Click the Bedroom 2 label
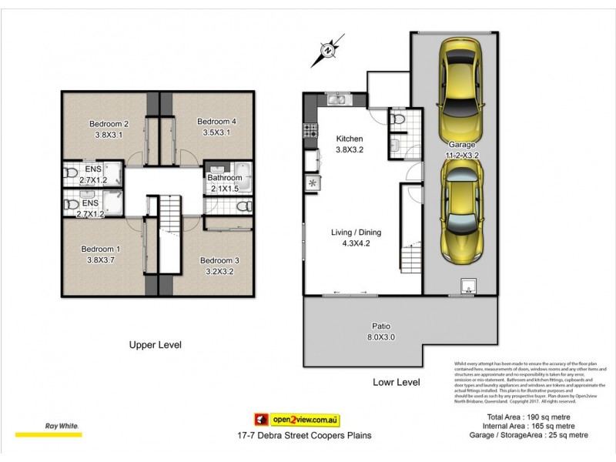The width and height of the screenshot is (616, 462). pyautogui.click(x=109, y=124)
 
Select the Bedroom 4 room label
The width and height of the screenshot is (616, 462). pyautogui.click(x=216, y=121)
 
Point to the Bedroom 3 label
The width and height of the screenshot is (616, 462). pyautogui.click(x=219, y=260)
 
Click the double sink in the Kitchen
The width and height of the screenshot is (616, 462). pyautogui.click(x=336, y=99)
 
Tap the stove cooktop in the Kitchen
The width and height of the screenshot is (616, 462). pyautogui.click(x=311, y=132)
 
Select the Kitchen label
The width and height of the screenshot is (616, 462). pyautogui.click(x=348, y=139)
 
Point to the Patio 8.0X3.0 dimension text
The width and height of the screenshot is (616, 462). pyautogui.click(x=375, y=336)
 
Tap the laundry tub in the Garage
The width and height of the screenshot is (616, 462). pyautogui.click(x=467, y=287)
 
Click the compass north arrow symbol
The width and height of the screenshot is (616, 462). pyautogui.click(x=328, y=52)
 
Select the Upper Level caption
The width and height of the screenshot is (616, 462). pyautogui.click(x=155, y=345)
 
